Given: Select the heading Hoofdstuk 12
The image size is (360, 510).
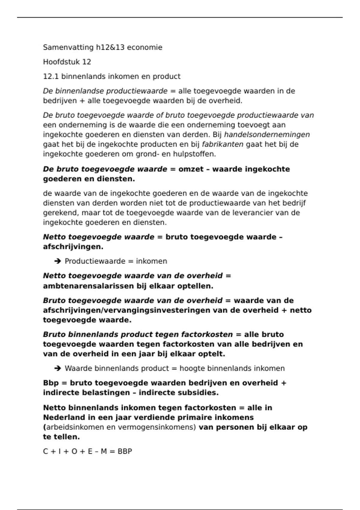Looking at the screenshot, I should pyautogui.click(x=67, y=62).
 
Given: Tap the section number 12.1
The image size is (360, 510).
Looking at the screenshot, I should pyautogui.click(x=51, y=76).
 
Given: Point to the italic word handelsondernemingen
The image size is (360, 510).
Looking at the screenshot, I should pyautogui.click(x=267, y=135).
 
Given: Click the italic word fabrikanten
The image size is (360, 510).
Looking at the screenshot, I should pyautogui.click(x=223, y=144).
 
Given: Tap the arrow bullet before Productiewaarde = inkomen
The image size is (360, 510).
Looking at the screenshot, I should pyautogui.click(x=58, y=261).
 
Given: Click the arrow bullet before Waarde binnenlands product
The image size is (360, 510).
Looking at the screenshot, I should pyautogui.click(x=58, y=368).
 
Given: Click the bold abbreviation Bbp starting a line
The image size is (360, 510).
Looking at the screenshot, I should pyautogui.click(x=51, y=383).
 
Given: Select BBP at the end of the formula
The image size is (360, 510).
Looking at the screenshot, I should pyautogui.click(x=125, y=451).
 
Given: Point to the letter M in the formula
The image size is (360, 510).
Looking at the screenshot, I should pyautogui.click(x=103, y=451).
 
